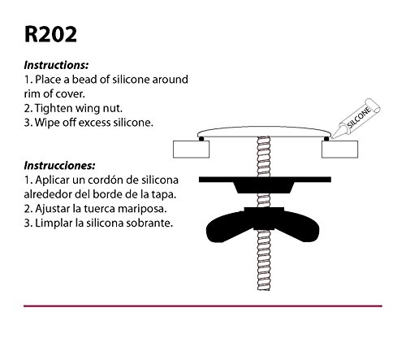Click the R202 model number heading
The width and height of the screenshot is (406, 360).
(x=50, y=34)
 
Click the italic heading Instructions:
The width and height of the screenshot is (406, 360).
(x=56, y=65)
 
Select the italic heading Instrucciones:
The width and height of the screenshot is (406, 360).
(x=59, y=165)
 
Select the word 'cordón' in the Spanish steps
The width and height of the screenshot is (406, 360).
(x=101, y=180)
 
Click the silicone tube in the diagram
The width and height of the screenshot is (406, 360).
(x=356, y=119)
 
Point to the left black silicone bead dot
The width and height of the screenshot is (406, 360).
(x=201, y=139)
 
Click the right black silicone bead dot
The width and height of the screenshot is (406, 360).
(x=326, y=139)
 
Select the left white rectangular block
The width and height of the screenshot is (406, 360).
(x=191, y=150)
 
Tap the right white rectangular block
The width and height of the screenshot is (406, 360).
(x=339, y=150)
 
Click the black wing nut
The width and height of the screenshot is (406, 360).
(x=262, y=225)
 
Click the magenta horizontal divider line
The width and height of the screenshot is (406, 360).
(x=203, y=306)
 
